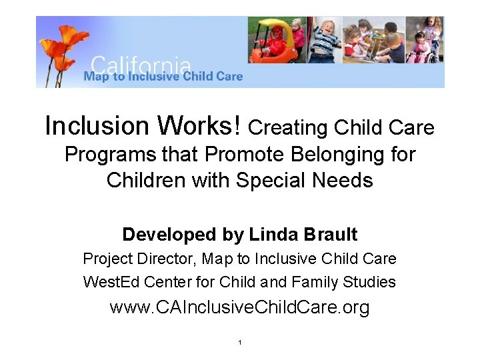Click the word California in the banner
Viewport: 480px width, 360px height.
pos(140,65)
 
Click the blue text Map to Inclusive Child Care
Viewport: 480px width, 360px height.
pos(163,77)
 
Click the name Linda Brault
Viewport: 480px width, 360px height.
pos(303,235)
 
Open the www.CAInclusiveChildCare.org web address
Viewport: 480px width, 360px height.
pos(239,308)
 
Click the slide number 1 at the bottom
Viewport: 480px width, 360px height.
pos(239,343)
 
